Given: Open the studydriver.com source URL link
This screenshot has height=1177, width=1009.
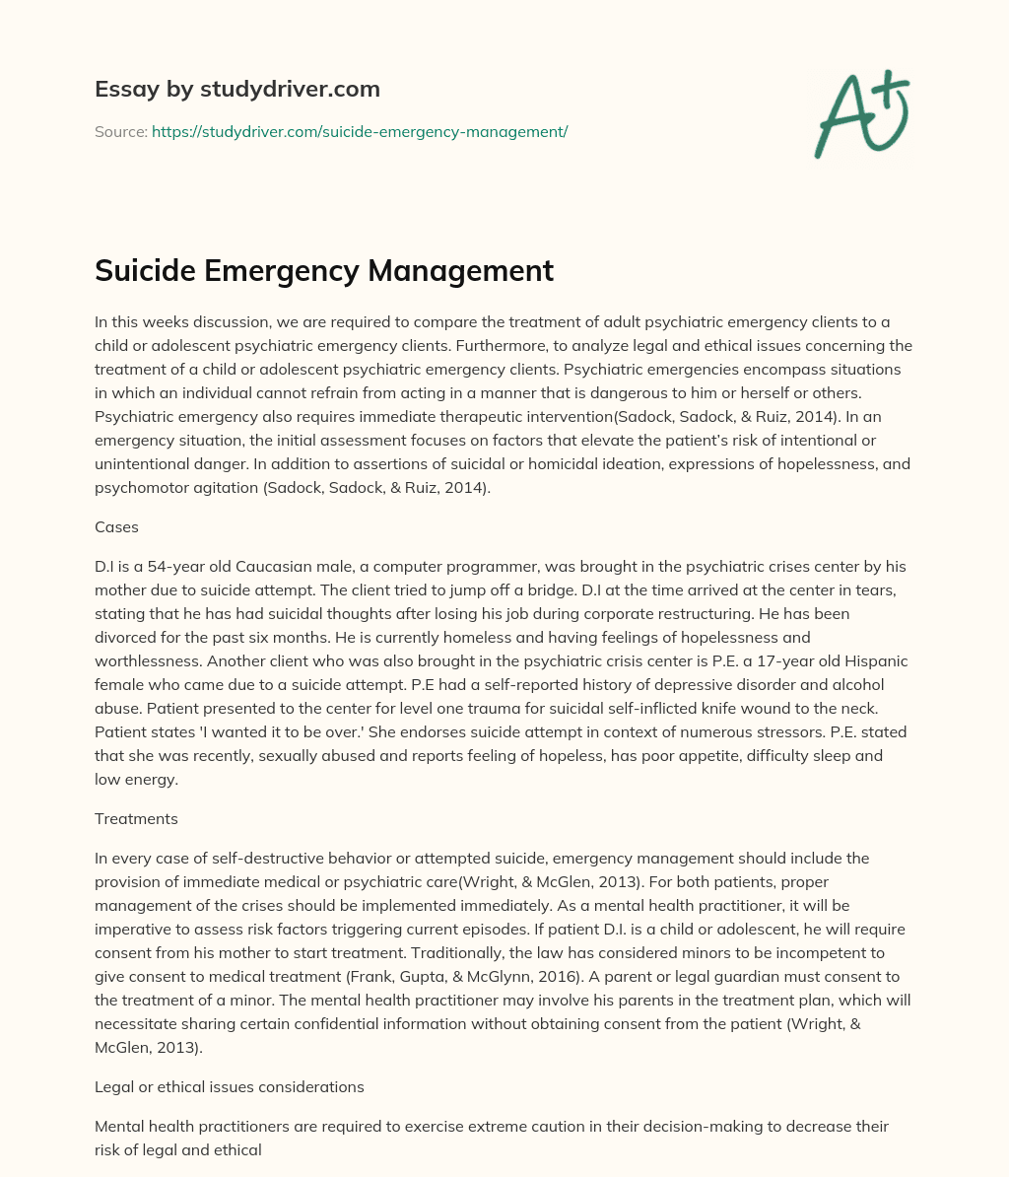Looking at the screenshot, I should click(360, 131).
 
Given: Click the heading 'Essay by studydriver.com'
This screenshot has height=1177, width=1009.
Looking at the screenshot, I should click(237, 89).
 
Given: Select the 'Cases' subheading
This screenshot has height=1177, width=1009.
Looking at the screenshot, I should click(116, 527).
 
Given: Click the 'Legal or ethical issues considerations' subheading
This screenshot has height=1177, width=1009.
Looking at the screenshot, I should click(230, 1087).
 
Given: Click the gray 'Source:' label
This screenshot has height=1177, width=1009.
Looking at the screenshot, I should click(121, 131).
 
